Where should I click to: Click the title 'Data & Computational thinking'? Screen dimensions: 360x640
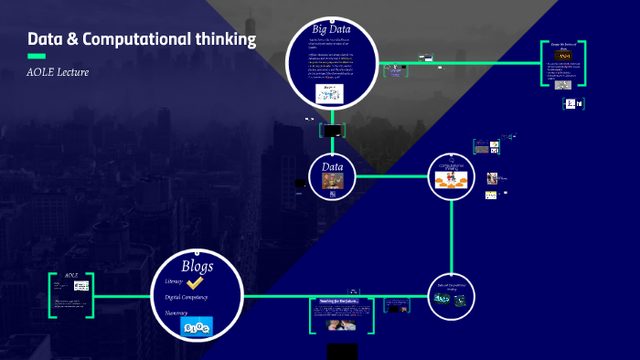[142, 39]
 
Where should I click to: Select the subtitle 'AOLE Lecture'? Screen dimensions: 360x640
[58, 72]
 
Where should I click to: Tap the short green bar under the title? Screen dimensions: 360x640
[37, 57]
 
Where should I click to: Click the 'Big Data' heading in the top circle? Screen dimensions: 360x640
[332, 29]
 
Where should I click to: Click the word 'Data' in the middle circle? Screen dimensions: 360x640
[332, 167]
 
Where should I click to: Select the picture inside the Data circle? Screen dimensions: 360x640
[332, 182]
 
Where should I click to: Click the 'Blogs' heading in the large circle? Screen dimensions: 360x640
[197, 266]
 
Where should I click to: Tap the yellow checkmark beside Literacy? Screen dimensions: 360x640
[195, 283]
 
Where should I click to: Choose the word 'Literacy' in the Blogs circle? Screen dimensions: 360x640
[174, 281]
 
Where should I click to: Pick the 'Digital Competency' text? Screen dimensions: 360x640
[187, 297]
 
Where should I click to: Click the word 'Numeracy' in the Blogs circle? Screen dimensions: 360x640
[176, 312]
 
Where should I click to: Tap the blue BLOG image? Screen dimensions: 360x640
[196, 326]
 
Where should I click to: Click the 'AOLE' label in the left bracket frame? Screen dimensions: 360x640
[71, 275]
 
